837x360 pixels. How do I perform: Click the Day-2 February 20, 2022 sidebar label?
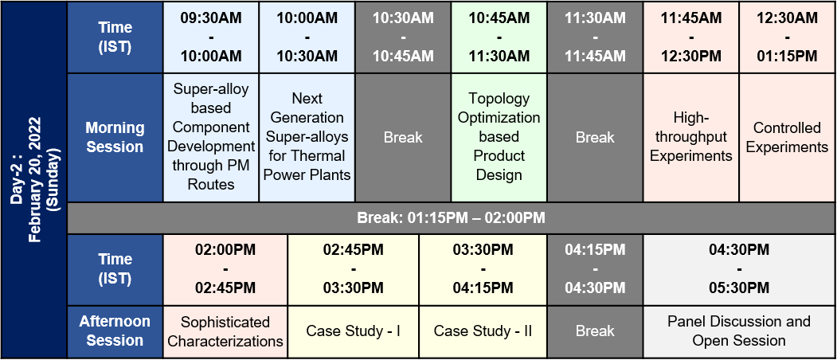click(x=33, y=180)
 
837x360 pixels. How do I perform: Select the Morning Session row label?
click(x=115, y=137)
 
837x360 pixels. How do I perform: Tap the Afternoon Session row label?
click(x=115, y=331)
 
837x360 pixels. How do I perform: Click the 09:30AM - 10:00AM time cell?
click(x=211, y=37)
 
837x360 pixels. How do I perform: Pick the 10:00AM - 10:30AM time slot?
click(x=307, y=37)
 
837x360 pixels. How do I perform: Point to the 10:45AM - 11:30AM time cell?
click(x=499, y=37)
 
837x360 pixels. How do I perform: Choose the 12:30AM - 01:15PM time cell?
click(x=788, y=37)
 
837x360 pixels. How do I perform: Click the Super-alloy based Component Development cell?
click(x=211, y=137)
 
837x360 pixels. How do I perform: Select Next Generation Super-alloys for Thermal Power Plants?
click(x=307, y=137)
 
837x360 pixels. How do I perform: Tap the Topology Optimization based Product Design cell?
click(x=499, y=137)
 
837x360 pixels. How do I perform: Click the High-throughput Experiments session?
click(x=691, y=137)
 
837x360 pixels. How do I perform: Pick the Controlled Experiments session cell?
click(x=788, y=137)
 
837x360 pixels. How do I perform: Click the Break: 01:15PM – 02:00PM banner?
click(x=451, y=218)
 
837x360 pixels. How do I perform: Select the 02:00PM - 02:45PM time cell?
click(x=225, y=269)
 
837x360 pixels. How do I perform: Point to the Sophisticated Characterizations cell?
click(x=225, y=331)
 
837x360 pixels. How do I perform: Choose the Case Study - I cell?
click(x=354, y=331)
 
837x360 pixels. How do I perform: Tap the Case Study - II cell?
click(x=483, y=331)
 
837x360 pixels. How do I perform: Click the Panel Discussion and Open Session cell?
click(x=739, y=331)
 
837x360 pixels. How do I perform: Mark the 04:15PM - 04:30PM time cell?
click(x=595, y=269)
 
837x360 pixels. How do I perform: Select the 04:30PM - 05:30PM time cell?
click(x=739, y=269)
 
